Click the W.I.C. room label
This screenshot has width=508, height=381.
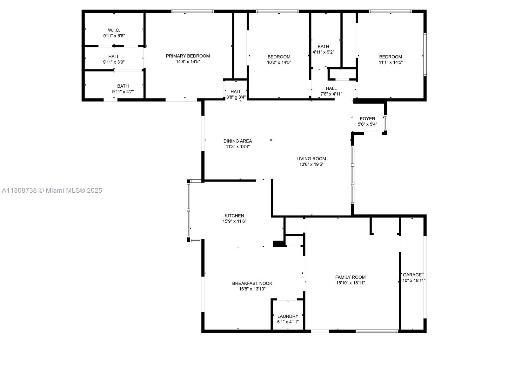(x=114, y=30)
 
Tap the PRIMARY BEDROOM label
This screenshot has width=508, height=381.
(x=188, y=56)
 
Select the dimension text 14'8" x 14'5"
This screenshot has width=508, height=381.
(x=188, y=62)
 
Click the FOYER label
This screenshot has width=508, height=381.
(x=367, y=119)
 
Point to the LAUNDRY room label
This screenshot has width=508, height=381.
(x=288, y=316)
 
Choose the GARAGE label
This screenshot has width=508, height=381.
(x=412, y=275)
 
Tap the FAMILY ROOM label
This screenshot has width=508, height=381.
(x=351, y=277)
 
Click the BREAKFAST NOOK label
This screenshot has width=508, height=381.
(x=252, y=284)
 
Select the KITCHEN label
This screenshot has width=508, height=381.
(x=234, y=216)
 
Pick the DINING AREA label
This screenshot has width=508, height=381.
(x=237, y=141)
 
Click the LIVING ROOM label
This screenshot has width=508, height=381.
(x=311, y=159)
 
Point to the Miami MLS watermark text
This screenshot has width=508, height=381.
(x=52, y=190)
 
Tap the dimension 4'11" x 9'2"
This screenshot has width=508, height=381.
(x=323, y=52)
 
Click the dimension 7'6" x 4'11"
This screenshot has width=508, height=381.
(x=331, y=94)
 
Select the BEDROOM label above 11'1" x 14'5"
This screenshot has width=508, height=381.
(x=391, y=57)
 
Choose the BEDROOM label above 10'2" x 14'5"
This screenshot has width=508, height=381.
(x=279, y=57)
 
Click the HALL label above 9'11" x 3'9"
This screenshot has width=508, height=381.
(x=114, y=57)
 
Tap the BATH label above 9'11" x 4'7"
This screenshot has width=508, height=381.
(x=123, y=86)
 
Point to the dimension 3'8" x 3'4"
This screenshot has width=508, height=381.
(x=236, y=97)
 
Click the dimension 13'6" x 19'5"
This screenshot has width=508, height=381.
(x=311, y=164)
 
